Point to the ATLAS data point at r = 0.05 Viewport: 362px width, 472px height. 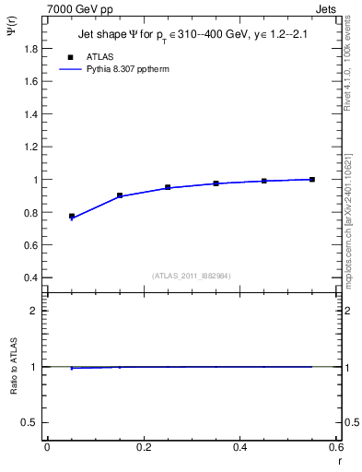pos(72,216)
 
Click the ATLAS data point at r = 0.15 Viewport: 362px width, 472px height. pos(120,195)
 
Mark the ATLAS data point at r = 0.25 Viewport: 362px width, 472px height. pos(168,187)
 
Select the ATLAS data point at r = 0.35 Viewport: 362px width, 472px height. pos(216,183)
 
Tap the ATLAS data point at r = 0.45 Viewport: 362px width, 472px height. pos(264,181)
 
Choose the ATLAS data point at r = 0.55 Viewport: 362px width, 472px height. pos(312,179)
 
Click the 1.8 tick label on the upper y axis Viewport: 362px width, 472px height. pos(30,49)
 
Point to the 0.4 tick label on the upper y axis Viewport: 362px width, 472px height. pos(30,277)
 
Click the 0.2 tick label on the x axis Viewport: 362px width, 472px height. pos(143,448)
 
